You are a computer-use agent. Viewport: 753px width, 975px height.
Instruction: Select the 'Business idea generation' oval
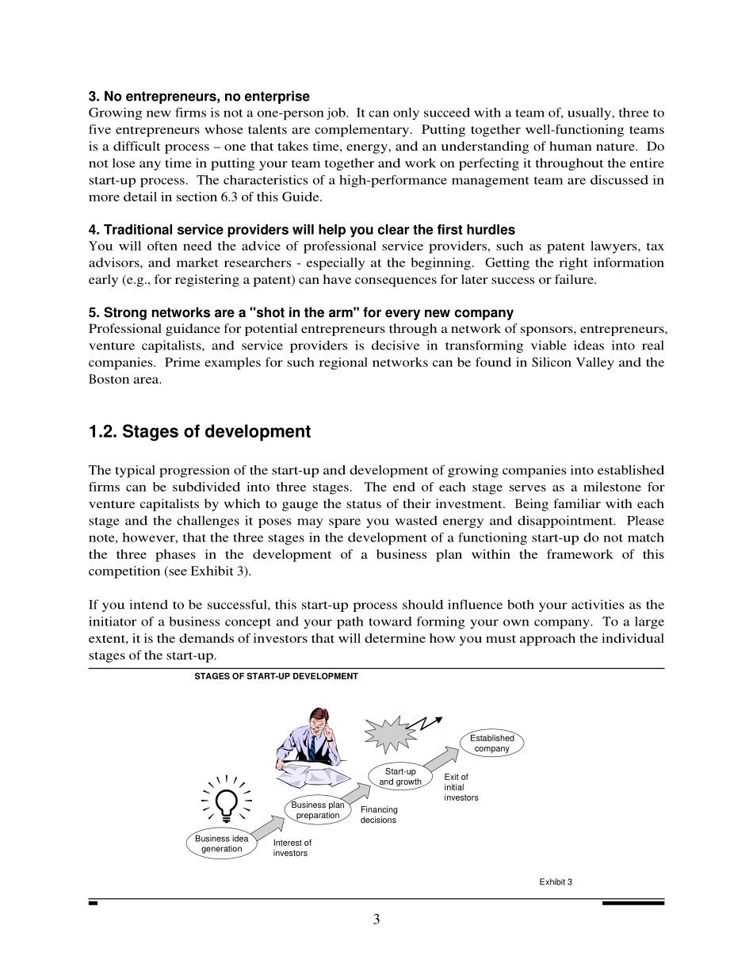click(x=222, y=843)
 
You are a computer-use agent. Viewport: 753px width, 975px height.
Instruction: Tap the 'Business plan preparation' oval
click(x=318, y=810)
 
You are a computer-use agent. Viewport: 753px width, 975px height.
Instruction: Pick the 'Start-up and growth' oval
click(x=400, y=777)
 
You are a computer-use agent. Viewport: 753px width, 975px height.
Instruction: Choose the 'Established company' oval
click(x=492, y=743)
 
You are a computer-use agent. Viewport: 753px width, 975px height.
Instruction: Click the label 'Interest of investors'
click(x=292, y=848)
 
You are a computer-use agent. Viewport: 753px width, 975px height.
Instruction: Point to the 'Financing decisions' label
click(x=379, y=815)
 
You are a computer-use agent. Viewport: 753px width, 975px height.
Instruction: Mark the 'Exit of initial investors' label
click(x=461, y=787)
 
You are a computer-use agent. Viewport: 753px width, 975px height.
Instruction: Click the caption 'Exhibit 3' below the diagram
click(x=556, y=881)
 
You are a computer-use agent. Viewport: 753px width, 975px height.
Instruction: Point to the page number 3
click(x=376, y=920)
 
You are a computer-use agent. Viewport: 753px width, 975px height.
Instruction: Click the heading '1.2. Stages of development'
click(x=200, y=432)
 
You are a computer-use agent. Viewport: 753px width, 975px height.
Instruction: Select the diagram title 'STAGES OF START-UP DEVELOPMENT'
click(x=276, y=676)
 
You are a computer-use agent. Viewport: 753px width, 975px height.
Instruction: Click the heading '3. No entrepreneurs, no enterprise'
click(x=199, y=97)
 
